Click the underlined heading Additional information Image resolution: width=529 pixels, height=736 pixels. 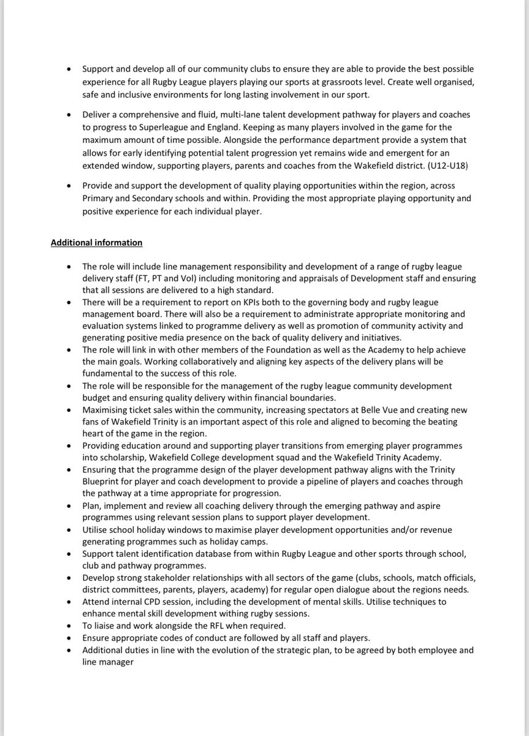pyautogui.click(x=96, y=242)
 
